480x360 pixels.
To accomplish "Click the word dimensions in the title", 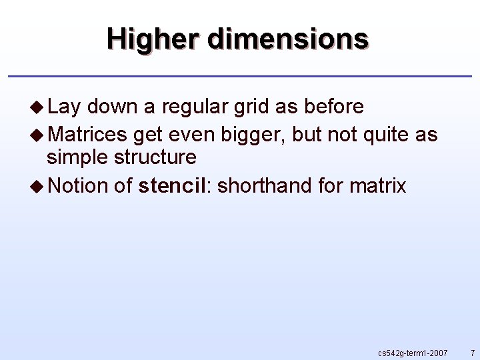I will point(287,39).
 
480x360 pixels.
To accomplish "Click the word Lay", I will point(64,107).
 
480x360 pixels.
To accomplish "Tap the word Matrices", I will point(87,135).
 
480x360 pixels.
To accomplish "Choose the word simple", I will point(78,158).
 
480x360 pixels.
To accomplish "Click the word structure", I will point(155,158).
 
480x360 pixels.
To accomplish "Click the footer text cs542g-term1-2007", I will point(413,352).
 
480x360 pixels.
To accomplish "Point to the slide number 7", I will point(472,352).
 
